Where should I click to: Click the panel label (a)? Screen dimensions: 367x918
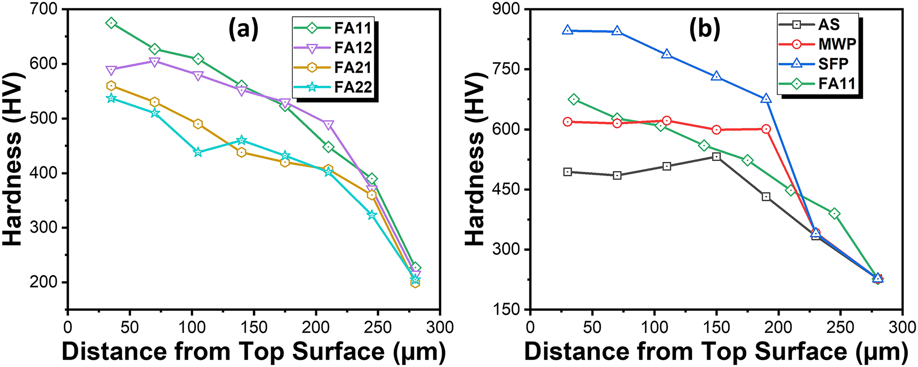243,29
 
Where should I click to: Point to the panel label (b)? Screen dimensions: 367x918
704,29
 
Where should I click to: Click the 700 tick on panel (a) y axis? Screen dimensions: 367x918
45,9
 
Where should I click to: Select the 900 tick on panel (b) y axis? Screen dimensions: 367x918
506,9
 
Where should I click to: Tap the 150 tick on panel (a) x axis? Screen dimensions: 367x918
253,327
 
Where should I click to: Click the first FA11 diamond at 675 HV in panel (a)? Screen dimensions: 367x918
111,23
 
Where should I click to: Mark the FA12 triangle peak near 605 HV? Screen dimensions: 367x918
155,62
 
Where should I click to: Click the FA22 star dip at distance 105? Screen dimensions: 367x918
198,152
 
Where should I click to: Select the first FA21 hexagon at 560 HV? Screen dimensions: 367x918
111,86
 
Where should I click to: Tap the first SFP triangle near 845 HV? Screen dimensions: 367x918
568,30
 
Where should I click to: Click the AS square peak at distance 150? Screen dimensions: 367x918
716,157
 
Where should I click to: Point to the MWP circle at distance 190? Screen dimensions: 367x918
766,129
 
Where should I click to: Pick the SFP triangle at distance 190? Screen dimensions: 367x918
766,99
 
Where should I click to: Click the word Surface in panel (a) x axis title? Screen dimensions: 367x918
338,352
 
